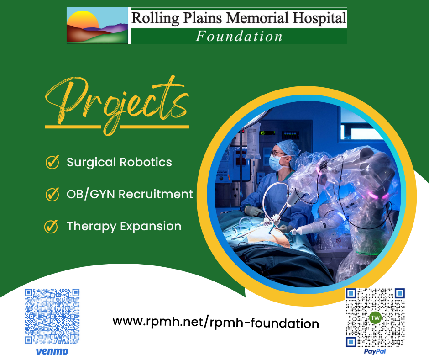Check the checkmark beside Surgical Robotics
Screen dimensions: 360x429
pyautogui.click(x=52, y=162)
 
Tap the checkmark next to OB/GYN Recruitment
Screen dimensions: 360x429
pyautogui.click(x=52, y=194)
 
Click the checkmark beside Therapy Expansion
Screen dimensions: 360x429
pyautogui.click(x=51, y=226)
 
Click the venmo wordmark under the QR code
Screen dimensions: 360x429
pyautogui.click(x=52, y=351)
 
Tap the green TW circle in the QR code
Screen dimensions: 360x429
pyautogui.click(x=375, y=318)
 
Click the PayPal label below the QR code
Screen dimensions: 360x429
pyautogui.click(x=376, y=352)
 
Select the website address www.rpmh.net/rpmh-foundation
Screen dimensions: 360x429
pyautogui.click(x=216, y=322)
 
